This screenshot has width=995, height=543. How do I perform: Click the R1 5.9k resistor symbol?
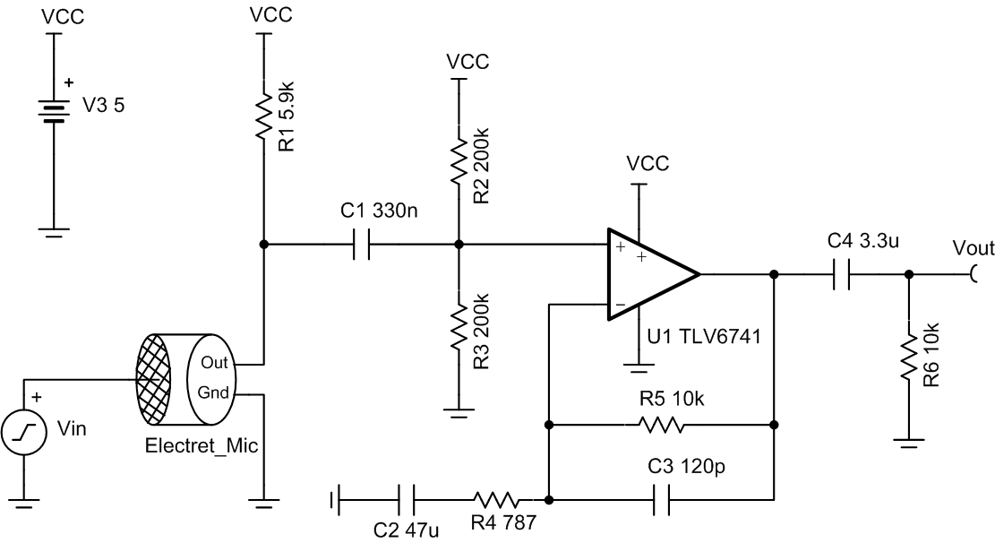pos(262,115)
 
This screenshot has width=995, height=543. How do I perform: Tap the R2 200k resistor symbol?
pos(458,159)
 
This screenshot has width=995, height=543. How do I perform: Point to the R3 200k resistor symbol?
pos(458,325)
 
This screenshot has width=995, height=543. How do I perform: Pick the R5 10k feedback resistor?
pos(661,424)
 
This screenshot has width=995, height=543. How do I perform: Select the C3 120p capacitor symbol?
pos(661,499)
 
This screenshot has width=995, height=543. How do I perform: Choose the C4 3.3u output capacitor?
pos(841,274)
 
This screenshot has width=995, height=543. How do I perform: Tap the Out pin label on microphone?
pos(215,362)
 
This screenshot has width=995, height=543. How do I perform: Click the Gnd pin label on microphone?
pos(215,392)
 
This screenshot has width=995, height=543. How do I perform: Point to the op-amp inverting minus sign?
pos(620,306)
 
